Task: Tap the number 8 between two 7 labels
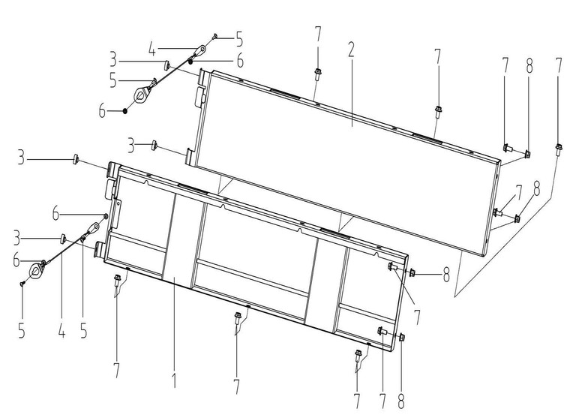click(x=529, y=65)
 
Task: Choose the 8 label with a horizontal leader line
click(x=447, y=274)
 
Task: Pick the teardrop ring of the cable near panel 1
click(x=35, y=270)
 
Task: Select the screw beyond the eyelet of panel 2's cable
click(x=214, y=35)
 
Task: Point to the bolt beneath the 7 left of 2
click(x=318, y=74)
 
